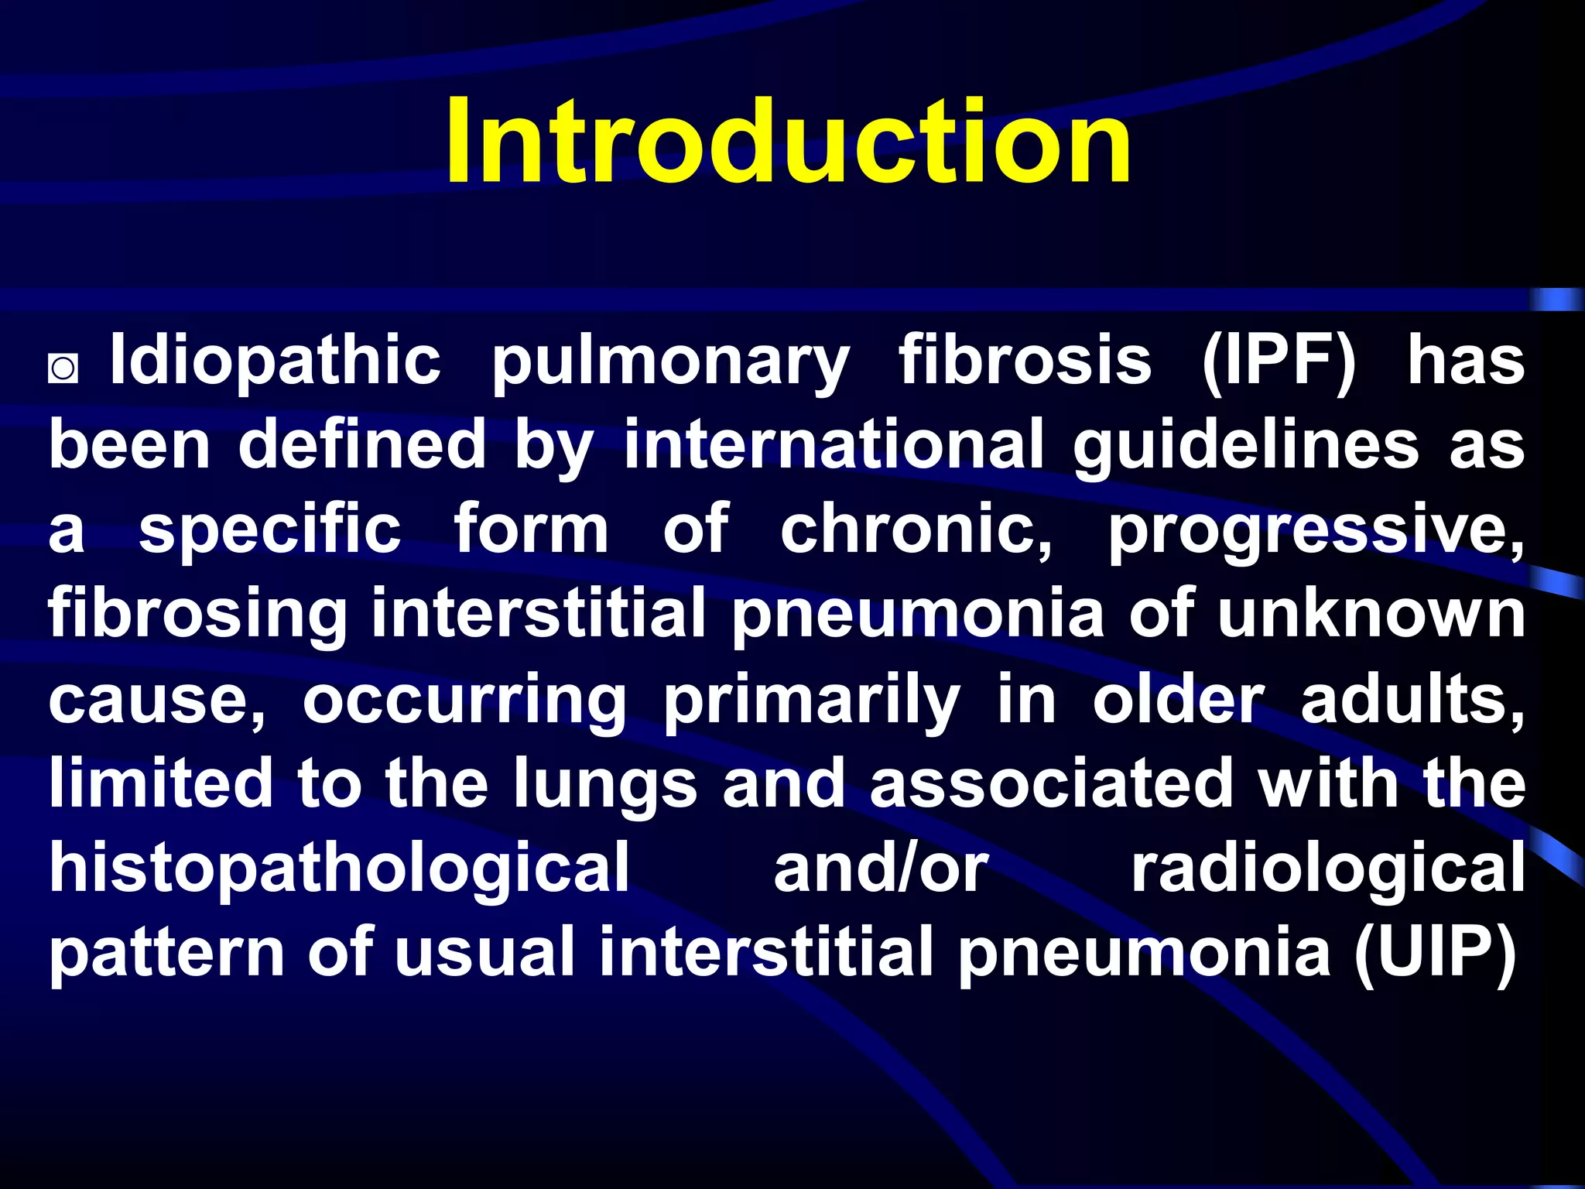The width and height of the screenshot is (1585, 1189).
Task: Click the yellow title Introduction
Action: point(788,141)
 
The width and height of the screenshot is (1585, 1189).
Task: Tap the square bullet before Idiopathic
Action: point(63,368)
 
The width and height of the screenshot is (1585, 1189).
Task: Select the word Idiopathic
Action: point(276,361)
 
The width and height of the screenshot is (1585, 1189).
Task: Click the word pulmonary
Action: point(671,364)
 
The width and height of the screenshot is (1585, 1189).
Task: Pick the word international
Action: point(834,445)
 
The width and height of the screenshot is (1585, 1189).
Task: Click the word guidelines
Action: point(1245,447)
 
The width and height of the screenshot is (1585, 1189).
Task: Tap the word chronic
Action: point(916,531)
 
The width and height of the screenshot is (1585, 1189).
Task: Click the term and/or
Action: point(881,869)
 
